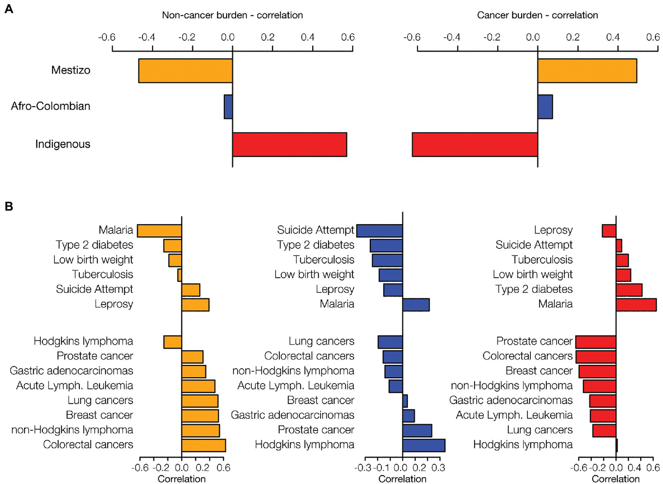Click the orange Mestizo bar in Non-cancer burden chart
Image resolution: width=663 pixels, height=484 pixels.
point(185,71)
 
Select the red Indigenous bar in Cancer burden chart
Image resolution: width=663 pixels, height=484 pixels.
point(475,145)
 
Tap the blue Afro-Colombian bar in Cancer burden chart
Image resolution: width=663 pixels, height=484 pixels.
point(545,107)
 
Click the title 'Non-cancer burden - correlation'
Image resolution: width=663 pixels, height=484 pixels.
point(232,15)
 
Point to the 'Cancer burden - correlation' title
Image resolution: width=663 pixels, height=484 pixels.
point(537,15)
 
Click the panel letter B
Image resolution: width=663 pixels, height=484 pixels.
point(9,206)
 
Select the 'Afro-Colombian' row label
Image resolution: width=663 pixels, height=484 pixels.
point(51,106)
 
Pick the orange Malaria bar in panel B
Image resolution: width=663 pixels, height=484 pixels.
point(159,231)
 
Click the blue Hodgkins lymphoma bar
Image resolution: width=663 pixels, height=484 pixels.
point(423,445)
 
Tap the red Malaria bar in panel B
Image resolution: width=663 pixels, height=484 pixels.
point(636,305)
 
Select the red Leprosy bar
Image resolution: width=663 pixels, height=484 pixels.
point(609,231)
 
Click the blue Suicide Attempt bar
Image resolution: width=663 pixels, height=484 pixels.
point(379,231)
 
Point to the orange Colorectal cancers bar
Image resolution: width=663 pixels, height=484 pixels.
point(203,445)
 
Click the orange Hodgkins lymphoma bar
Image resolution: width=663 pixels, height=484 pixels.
point(173,342)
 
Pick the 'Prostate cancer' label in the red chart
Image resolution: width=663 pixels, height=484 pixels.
point(534,341)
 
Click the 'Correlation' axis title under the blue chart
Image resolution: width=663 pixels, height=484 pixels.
point(402,479)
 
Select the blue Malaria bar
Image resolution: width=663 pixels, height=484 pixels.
point(416,305)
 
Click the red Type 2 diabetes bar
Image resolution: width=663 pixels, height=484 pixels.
point(629,290)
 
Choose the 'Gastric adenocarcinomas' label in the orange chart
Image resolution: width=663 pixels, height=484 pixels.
point(71,371)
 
